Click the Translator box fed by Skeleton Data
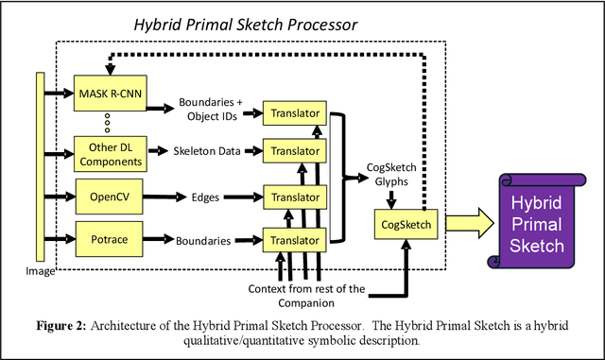[x=295, y=150]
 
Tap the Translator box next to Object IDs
[x=295, y=113]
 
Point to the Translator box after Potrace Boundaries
[x=295, y=240]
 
